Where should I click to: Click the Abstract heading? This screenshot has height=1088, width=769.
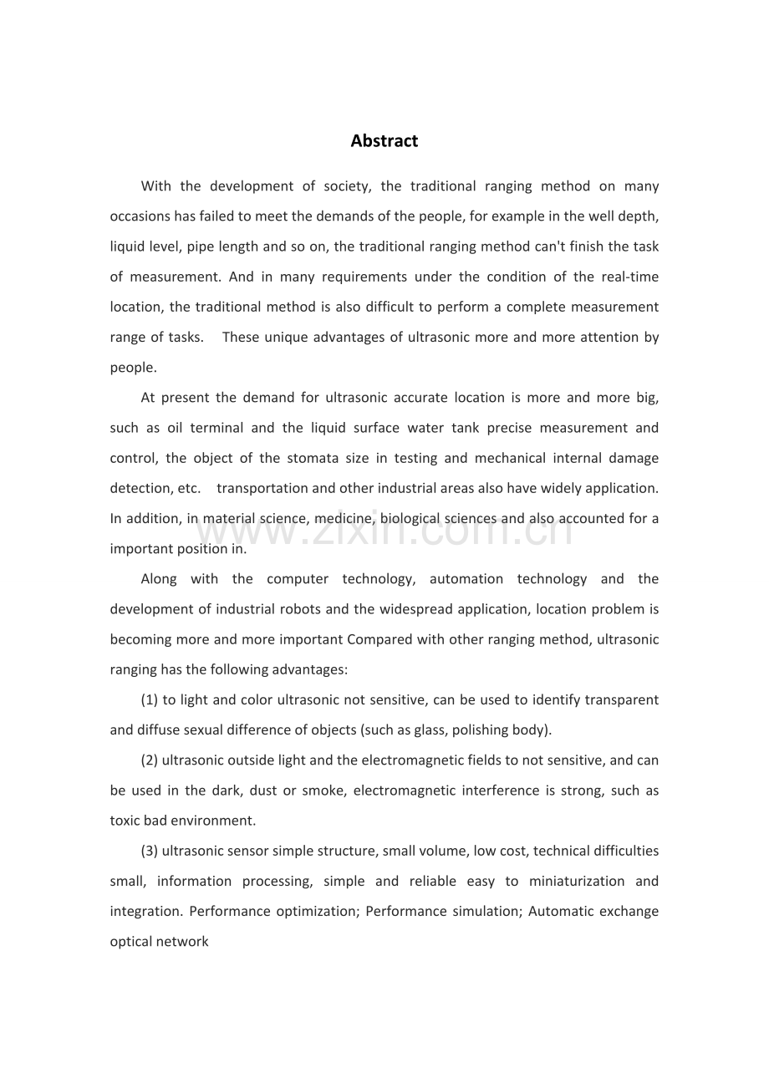coord(384,141)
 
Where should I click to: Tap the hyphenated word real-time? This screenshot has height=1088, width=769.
coord(632,277)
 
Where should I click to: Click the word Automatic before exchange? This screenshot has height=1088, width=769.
coord(558,911)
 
